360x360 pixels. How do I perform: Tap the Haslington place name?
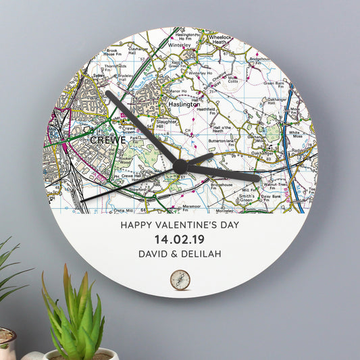pyautogui.click(x=183, y=105)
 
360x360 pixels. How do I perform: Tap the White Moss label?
pyautogui.click(x=295, y=134)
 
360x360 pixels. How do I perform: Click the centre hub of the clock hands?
pyautogui.click(x=180, y=166)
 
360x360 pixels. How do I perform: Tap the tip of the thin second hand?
pyautogui.click(x=82, y=201)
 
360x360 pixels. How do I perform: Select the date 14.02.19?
pyautogui.click(x=180, y=240)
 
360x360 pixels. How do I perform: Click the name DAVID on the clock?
pyautogui.click(x=156, y=254)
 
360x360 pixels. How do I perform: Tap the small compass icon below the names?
pyautogui.click(x=180, y=279)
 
